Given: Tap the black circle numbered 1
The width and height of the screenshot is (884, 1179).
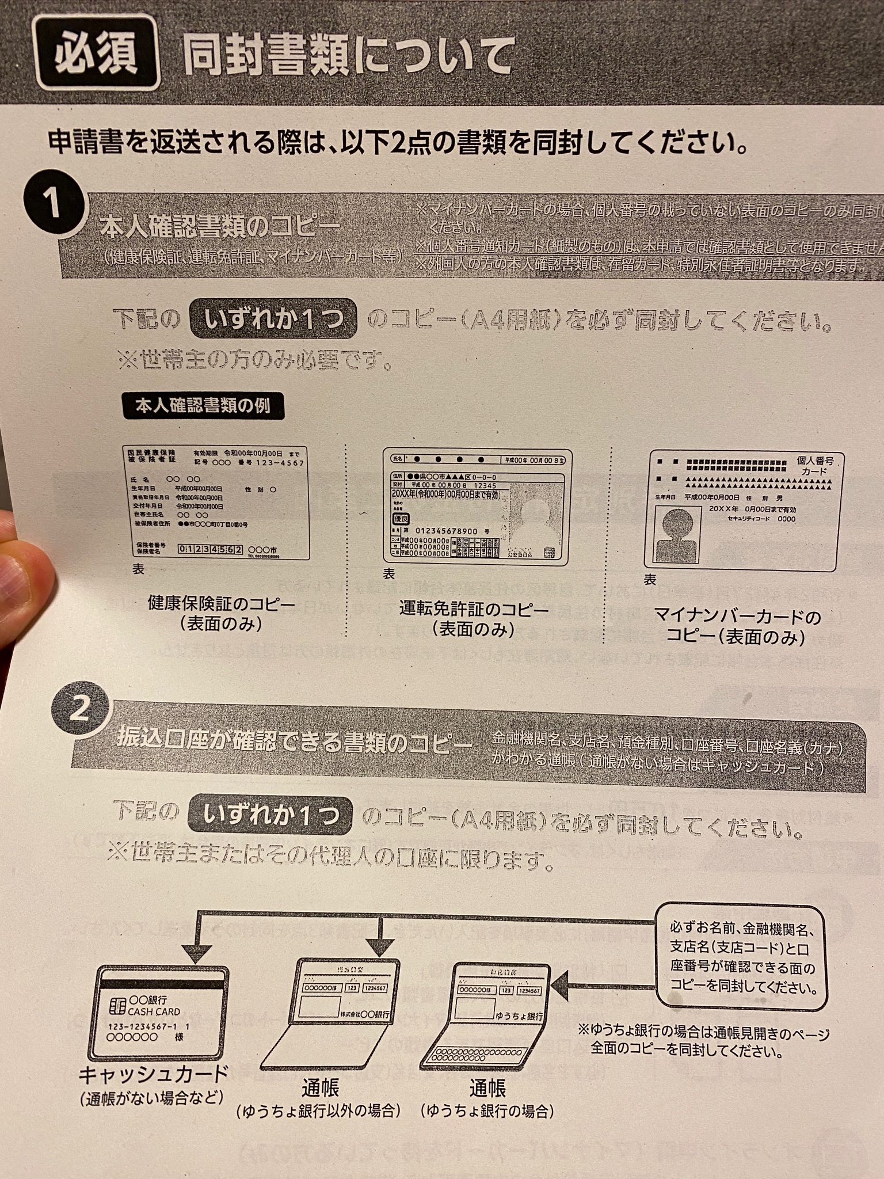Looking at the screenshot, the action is click(x=52, y=203).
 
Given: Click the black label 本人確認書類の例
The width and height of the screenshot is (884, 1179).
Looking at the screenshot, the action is click(x=203, y=406).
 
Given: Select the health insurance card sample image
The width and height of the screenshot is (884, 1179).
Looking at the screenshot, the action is click(x=217, y=503).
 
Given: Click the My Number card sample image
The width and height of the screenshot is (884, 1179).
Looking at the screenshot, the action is click(x=744, y=511).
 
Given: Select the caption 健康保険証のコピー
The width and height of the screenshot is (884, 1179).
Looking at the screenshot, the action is click(x=221, y=604).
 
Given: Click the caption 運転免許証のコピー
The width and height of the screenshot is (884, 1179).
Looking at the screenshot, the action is click(x=474, y=610).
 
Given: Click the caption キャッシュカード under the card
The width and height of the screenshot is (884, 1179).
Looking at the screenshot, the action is click(x=153, y=1074).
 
